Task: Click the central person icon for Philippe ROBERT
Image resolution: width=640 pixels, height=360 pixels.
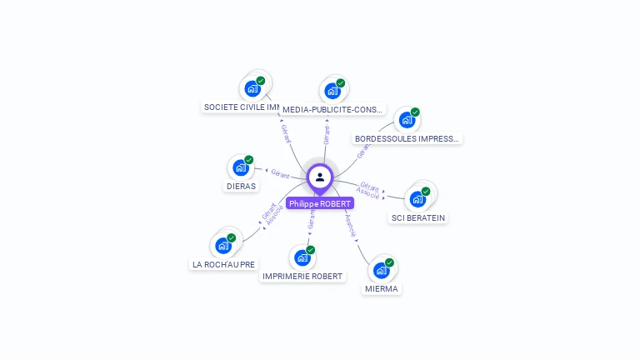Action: tap(320, 177)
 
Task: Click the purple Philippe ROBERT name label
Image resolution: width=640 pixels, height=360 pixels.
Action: tap(320, 203)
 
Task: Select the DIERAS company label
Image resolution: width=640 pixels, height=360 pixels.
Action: tap(241, 186)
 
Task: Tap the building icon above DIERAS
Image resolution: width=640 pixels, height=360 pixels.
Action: tap(241, 167)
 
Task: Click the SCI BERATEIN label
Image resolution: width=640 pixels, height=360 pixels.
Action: tap(418, 218)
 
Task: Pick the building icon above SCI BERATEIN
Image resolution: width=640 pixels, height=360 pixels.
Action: tap(417, 199)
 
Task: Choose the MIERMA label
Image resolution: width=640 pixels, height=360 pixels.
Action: tap(382, 289)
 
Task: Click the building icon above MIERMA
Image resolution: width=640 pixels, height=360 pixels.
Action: tap(382, 270)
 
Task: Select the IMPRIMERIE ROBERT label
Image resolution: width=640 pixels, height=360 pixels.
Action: tap(302, 277)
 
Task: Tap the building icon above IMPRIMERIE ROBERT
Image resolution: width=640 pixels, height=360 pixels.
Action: tap(302, 257)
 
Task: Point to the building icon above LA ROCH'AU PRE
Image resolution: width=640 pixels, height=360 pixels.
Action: tap(223, 245)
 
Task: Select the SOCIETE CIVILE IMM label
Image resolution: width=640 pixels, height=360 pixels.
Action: tap(242, 107)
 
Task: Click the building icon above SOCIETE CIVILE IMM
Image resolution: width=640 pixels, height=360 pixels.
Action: tap(252, 88)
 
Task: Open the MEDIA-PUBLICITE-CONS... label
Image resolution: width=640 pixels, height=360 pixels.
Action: tap(333, 109)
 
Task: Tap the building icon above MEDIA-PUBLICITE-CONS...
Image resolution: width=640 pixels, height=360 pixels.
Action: tap(333, 90)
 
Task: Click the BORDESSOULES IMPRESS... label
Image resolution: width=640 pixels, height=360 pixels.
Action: tap(407, 138)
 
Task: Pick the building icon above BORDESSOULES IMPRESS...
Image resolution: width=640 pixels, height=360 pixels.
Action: tap(407, 120)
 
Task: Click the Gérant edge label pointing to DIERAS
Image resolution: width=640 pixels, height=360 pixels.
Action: tap(280, 174)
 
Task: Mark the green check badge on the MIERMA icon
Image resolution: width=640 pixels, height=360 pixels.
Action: tap(389, 262)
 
